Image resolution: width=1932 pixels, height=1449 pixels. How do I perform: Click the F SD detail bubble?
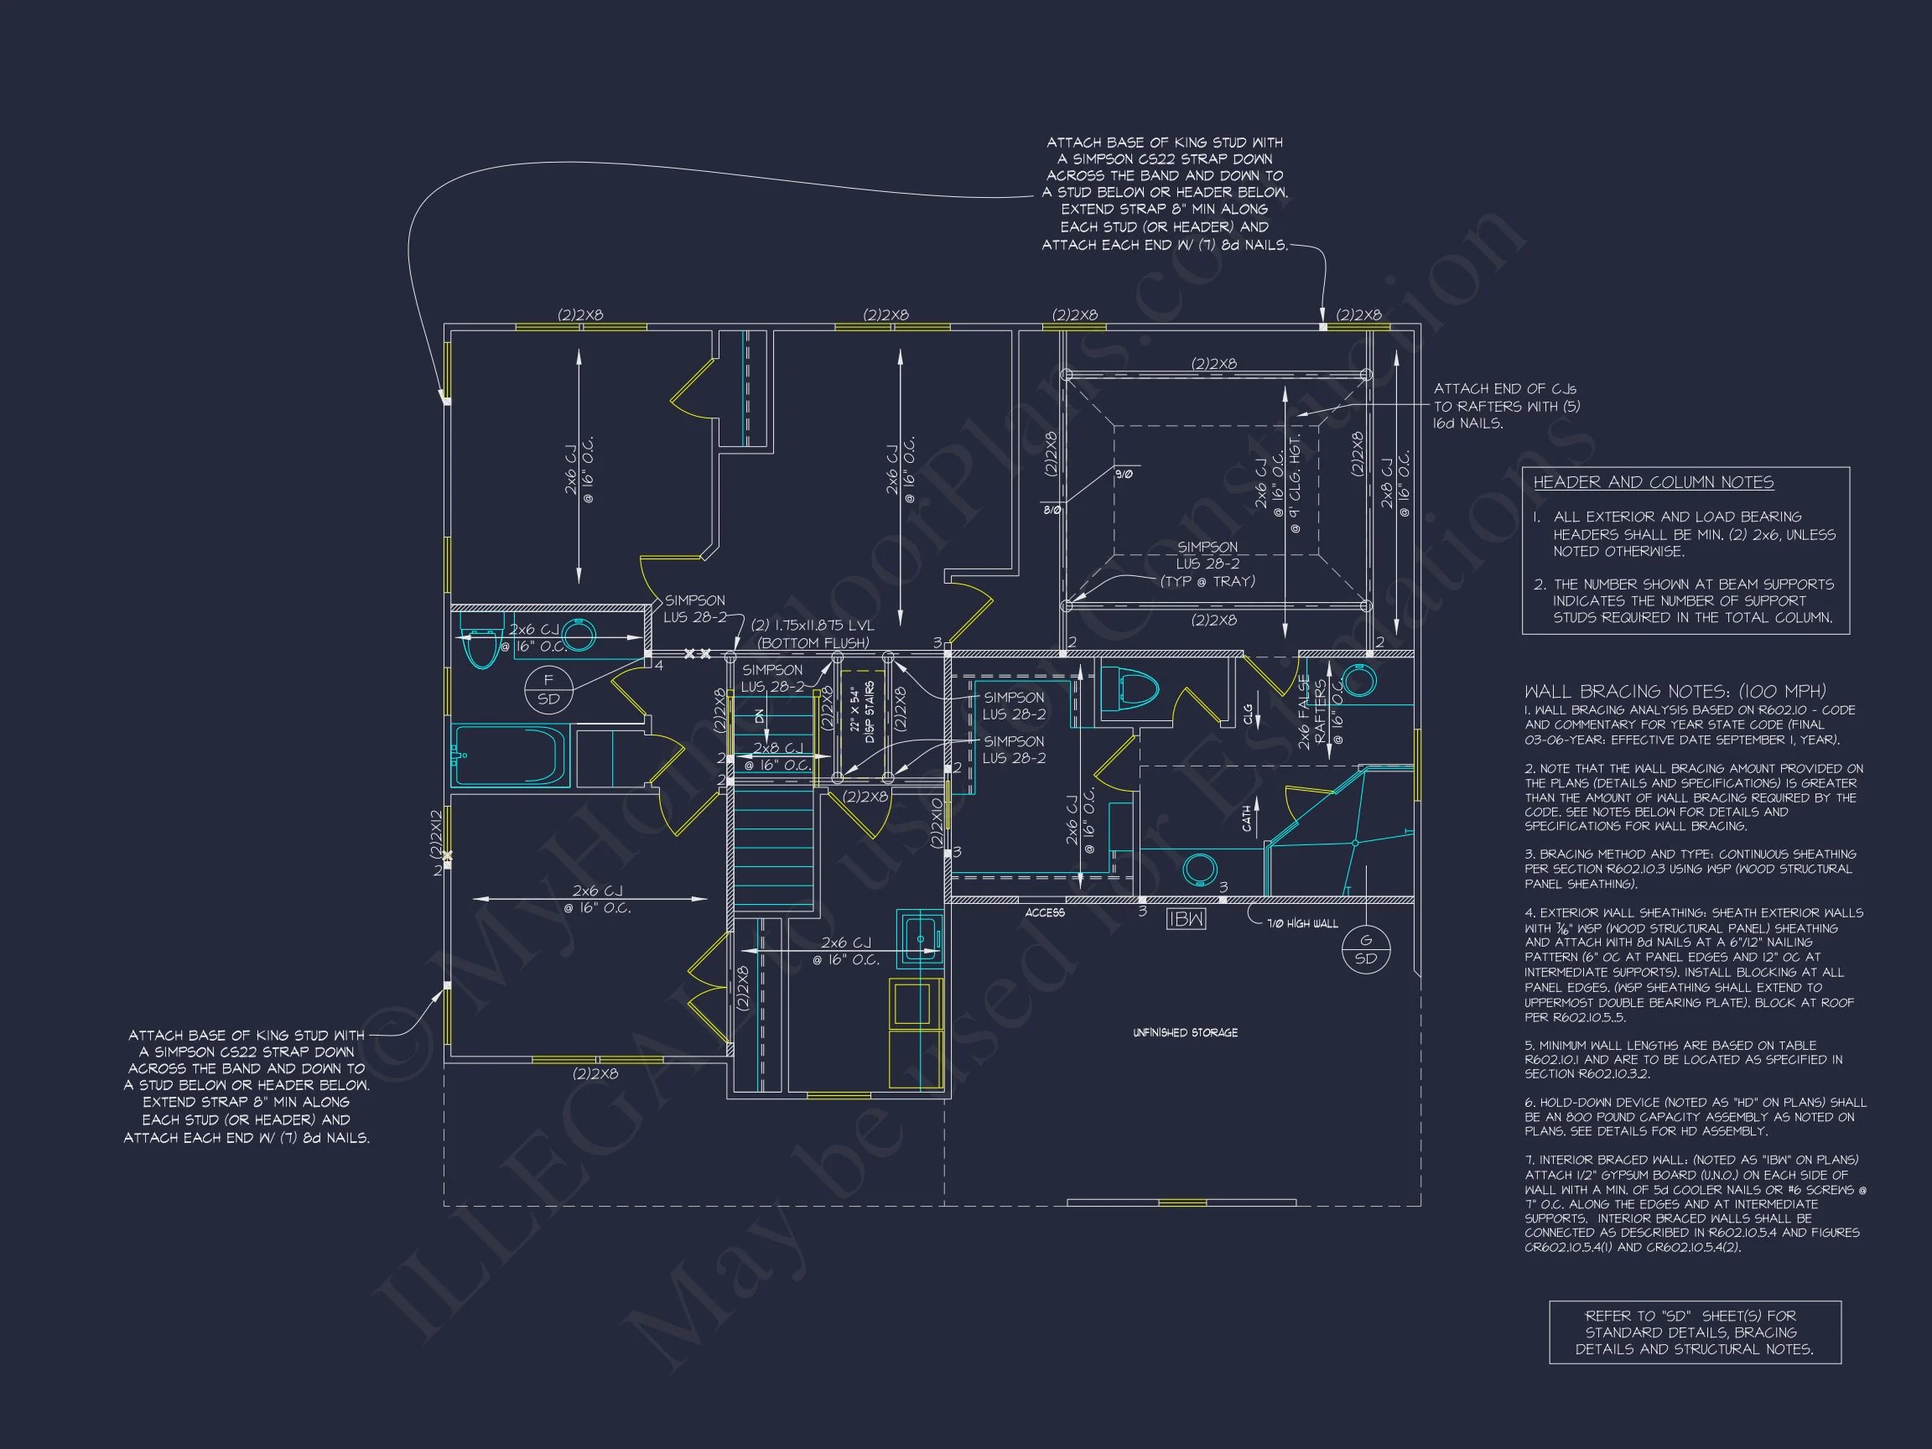pyautogui.click(x=548, y=689)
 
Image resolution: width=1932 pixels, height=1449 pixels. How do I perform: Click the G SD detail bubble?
pyautogui.click(x=1366, y=949)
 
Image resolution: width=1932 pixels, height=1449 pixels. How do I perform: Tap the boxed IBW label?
pyautogui.click(x=1185, y=919)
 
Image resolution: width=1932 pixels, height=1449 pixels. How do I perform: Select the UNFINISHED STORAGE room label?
pyautogui.click(x=1185, y=1032)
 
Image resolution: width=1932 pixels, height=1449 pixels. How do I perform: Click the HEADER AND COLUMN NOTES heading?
pyautogui.click(x=1654, y=482)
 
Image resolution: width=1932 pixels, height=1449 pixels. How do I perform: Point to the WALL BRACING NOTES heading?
pyautogui.click(x=1675, y=691)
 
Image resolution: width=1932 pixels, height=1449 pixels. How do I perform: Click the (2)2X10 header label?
pyautogui.click(x=937, y=822)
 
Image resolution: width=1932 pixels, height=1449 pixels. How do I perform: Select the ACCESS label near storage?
pyautogui.click(x=1045, y=912)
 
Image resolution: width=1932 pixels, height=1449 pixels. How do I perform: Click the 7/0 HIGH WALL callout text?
pyautogui.click(x=1302, y=923)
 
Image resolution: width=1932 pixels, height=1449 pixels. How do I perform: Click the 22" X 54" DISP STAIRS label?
pyautogui.click(x=862, y=712)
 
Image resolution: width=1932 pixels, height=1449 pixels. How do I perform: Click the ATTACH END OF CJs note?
pyautogui.click(x=1506, y=406)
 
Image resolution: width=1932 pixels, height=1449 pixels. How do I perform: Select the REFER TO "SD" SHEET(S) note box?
pyautogui.click(x=1695, y=1332)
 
